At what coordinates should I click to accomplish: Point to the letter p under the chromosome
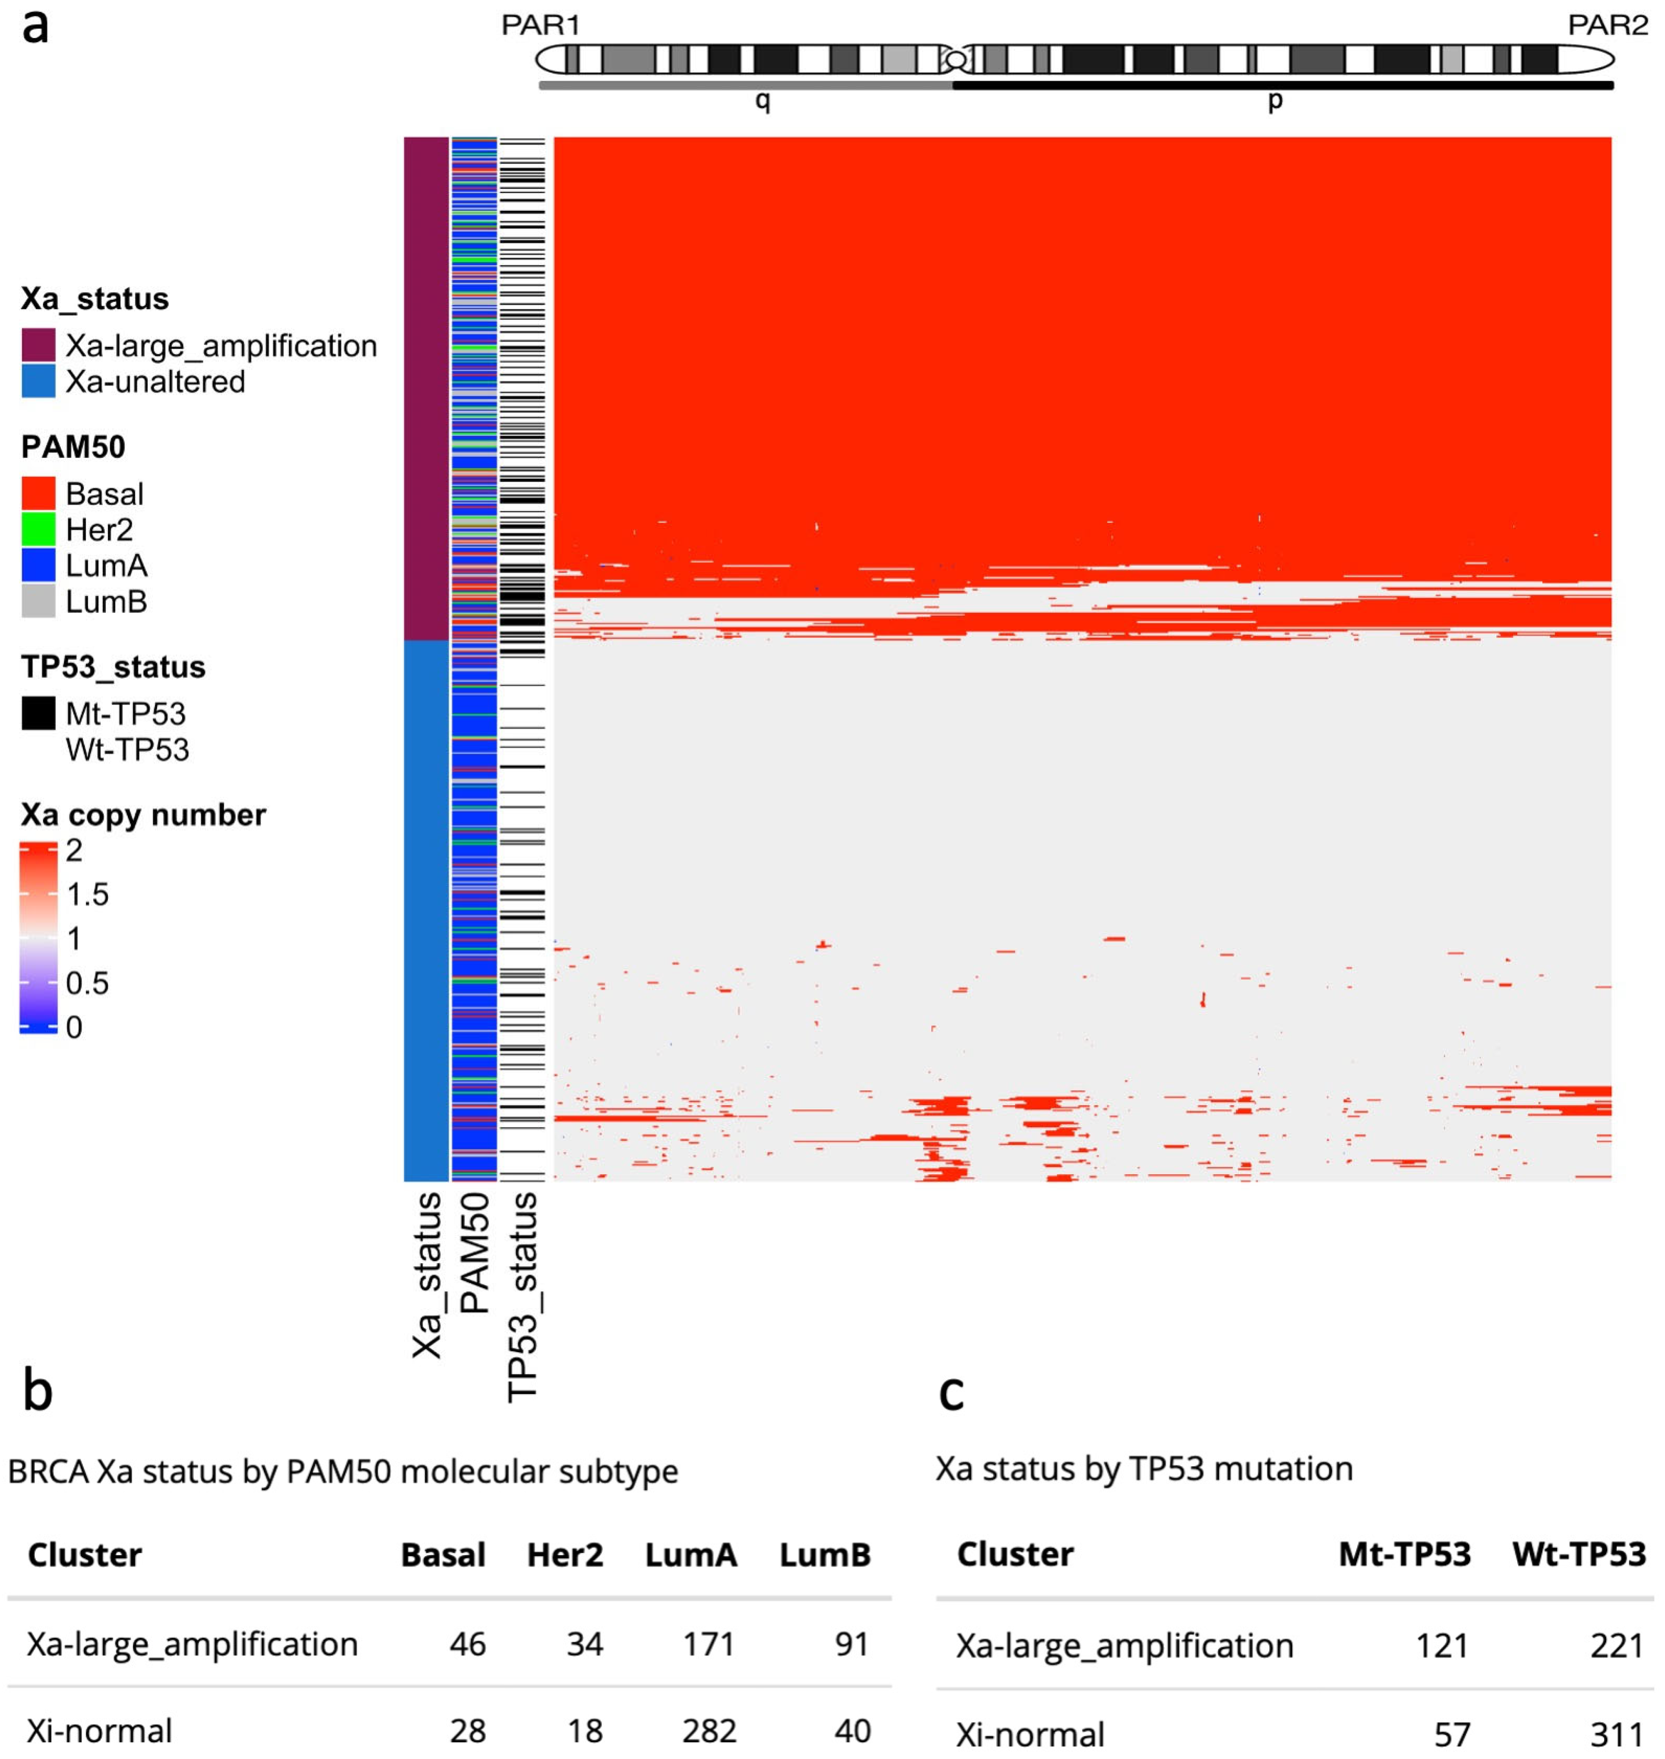[x=1275, y=100]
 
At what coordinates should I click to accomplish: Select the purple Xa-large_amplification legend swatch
[x=38, y=345]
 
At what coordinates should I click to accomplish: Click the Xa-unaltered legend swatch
[x=38, y=382]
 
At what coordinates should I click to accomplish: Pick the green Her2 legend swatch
[x=38, y=530]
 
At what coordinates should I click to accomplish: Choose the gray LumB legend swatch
[x=38, y=602]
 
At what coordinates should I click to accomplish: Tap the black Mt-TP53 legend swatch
[x=38, y=713]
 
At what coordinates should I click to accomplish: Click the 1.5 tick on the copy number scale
[x=87, y=894]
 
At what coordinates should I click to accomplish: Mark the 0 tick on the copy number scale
[x=74, y=1028]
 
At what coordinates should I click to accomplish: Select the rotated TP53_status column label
[x=523, y=1296]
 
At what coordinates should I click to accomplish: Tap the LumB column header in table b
[x=825, y=1555]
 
